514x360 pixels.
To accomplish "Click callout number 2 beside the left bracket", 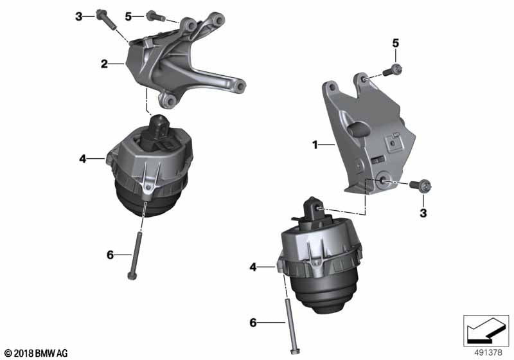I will coord(103,64).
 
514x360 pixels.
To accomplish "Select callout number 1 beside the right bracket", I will coord(315,146).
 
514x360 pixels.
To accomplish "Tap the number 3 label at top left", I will coord(79,16).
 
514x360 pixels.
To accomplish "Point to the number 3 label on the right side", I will coord(423,212).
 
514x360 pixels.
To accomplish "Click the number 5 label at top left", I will coord(128,16).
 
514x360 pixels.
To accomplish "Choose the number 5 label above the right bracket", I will coord(396,43).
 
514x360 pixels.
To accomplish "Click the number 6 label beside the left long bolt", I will coord(110,255).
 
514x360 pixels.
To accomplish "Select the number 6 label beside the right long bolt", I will coord(253,323).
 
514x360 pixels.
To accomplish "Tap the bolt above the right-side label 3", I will coord(420,186).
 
